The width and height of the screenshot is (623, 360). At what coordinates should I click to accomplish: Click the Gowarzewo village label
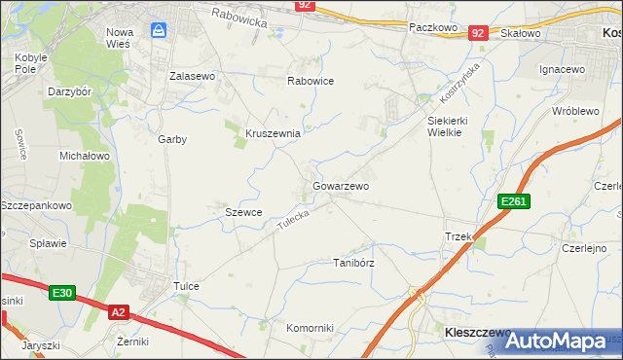click(341, 185)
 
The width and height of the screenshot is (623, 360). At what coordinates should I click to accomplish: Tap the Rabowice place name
click(311, 82)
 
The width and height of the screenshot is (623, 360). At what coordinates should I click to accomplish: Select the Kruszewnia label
click(273, 132)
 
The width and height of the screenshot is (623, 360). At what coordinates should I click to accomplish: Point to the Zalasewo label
click(192, 76)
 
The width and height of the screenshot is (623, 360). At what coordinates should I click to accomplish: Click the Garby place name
click(172, 139)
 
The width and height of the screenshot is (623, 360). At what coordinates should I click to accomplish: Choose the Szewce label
click(243, 212)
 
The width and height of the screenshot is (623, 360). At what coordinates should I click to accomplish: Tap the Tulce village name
click(186, 286)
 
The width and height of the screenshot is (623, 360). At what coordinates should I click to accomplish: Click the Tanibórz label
click(353, 263)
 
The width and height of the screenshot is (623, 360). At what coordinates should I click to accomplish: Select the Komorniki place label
click(310, 328)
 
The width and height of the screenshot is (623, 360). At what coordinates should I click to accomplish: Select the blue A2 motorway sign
click(118, 311)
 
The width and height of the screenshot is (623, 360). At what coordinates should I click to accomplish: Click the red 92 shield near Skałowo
click(477, 33)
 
